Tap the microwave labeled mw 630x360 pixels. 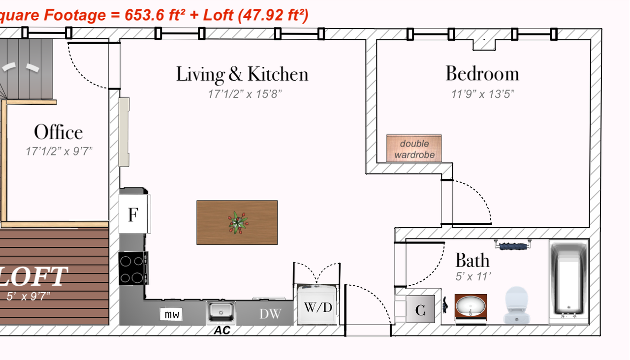tap(171, 314)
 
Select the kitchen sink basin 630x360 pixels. tap(221, 311)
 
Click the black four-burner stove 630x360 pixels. tap(133, 269)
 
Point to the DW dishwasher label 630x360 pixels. tap(270, 314)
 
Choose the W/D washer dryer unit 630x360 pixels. tap(317, 304)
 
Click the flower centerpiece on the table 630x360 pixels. tap(238, 223)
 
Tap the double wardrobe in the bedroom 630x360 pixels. tap(414, 149)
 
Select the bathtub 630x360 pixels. tap(569, 281)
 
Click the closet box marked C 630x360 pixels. tap(420, 309)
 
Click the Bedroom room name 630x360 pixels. tap(482, 74)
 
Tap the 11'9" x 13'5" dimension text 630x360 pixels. tap(483, 94)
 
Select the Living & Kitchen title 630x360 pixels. tap(242, 74)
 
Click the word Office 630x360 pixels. tap(59, 132)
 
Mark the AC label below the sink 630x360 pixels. tap(222, 330)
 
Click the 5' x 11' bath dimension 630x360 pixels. tap(473, 276)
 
